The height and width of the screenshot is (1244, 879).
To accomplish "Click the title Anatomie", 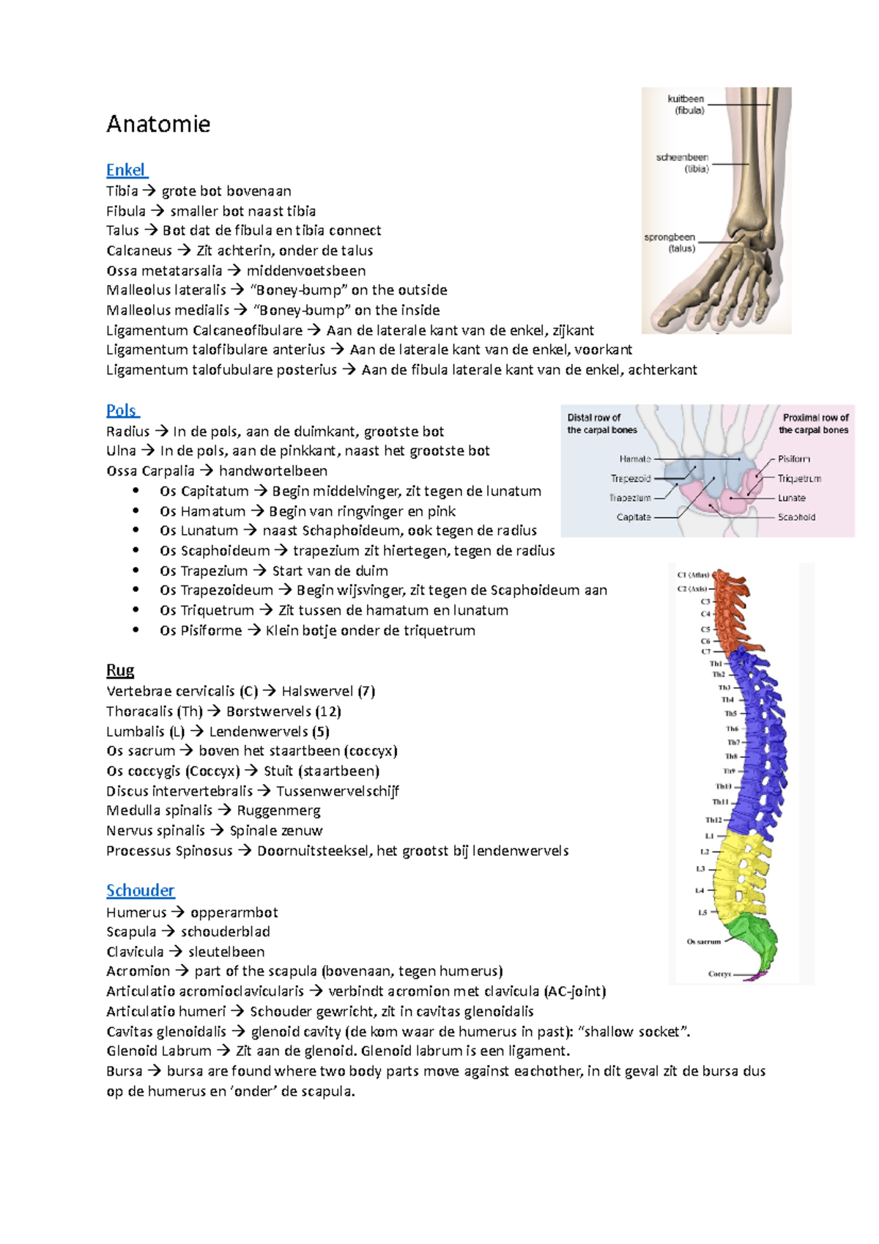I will (x=158, y=124).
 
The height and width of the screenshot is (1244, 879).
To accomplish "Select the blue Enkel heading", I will (x=126, y=170).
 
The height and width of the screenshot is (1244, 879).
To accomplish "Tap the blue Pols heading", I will (x=122, y=410).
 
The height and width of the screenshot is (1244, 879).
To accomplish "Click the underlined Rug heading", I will (x=120, y=670).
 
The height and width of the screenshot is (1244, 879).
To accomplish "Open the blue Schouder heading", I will (x=140, y=890).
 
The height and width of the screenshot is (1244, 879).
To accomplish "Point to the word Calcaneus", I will (x=139, y=251).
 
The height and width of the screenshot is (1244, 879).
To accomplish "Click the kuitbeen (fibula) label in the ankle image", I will (x=686, y=105).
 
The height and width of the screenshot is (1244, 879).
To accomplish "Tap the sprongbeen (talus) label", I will (x=670, y=242).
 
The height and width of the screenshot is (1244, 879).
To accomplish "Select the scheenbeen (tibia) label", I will (x=683, y=163).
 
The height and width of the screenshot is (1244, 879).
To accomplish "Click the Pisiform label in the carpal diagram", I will (x=794, y=459).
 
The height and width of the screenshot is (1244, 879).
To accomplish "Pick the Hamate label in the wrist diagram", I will (x=634, y=459).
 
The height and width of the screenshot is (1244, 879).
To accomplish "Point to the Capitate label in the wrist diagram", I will (x=634, y=517).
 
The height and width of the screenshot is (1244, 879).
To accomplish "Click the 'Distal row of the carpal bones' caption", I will (x=601, y=423).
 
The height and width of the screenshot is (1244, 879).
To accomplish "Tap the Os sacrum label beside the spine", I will (x=703, y=941).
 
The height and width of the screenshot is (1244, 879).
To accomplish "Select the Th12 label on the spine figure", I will (x=713, y=820).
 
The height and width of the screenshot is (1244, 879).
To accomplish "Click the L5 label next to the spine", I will (x=702, y=913).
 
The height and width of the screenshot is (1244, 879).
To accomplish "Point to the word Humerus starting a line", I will (x=136, y=912).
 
